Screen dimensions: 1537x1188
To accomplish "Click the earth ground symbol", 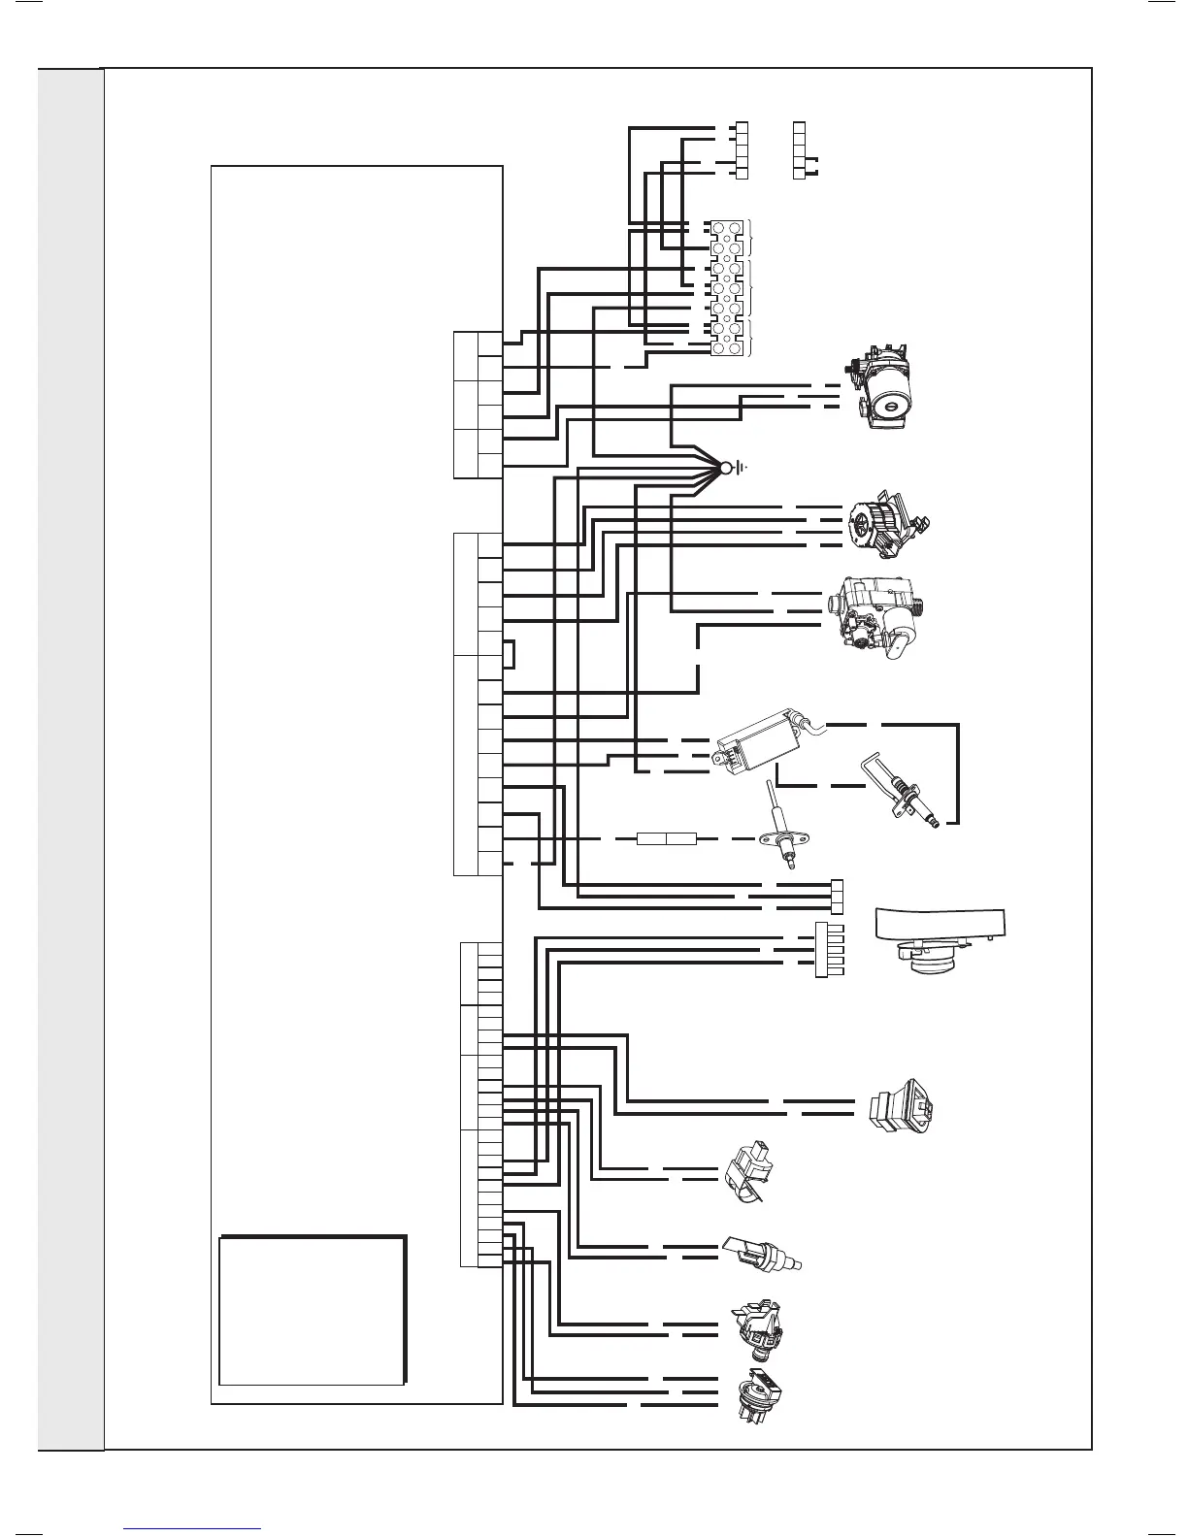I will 741,469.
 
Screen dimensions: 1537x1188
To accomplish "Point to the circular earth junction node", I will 724,469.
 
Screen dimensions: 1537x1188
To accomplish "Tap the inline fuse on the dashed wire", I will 666,837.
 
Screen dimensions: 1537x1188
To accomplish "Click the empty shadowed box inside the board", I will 311,1310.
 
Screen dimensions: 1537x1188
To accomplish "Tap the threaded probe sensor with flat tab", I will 763,1256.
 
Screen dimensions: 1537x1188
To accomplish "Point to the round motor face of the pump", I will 887,397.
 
